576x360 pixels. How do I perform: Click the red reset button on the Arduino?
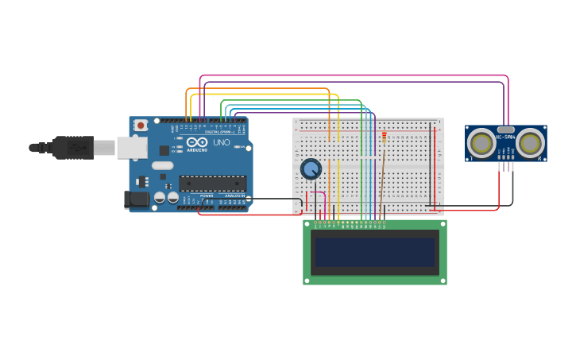[141, 125]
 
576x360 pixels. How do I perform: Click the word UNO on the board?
[222, 142]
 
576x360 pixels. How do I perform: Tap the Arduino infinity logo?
[197, 141]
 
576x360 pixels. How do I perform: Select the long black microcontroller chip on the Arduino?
[212, 184]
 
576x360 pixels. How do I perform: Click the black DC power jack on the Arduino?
[136, 199]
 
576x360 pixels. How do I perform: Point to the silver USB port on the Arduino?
[132, 147]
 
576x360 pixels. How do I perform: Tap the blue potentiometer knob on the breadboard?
[311, 168]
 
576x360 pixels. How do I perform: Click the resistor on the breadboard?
[385, 137]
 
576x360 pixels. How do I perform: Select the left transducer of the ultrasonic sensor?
[481, 143]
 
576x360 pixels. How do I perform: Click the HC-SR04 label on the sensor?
[506, 137]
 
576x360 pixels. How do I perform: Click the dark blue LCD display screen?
[375, 253]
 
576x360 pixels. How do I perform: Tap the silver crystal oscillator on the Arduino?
[162, 165]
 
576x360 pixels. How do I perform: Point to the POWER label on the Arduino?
[207, 195]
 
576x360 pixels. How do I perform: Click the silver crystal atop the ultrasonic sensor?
[506, 129]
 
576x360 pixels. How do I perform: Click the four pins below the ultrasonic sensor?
[506, 165]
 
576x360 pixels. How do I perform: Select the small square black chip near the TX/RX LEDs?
[164, 149]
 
